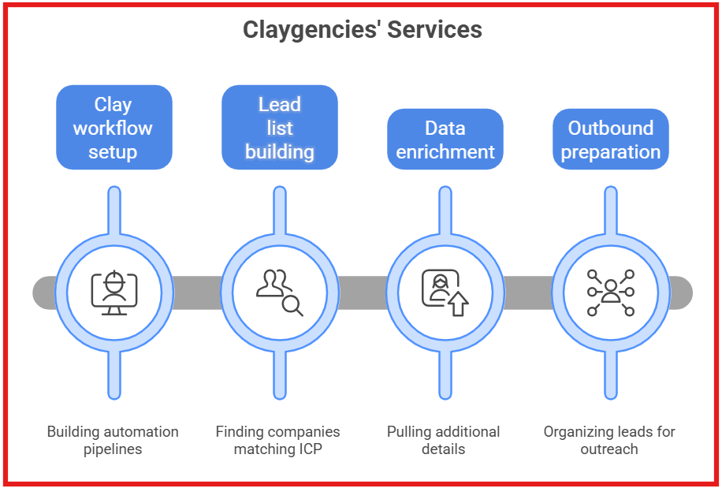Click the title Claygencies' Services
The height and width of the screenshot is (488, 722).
pyautogui.click(x=362, y=30)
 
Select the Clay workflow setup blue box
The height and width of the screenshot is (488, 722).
pyautogui.click(x=114, y=128)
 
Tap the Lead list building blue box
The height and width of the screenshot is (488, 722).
pyautogui.click(x=279, y=128)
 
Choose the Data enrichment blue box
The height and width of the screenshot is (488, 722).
pyautogui.click(x=445, y=140)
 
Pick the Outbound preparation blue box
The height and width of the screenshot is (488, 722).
pyautogui.click(x=610, y=140)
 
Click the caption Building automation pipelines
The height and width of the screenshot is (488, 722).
pyautogui.click(x=113, y=441)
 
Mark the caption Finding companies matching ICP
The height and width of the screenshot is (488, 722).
pyautogui.click(x=277, y=441)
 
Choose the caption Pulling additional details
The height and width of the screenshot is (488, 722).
pyautogui.click(x=443, y=441)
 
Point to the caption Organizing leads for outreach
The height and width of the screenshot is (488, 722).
pyautogui.click(x=609, y=441)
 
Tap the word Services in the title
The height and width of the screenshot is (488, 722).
pyautogui.click(x=438, y=30)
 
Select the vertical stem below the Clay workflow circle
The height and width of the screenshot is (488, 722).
pyautogui.click(x=114, y=374)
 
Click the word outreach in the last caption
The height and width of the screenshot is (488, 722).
pyautogui.click(x=609, y=449)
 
